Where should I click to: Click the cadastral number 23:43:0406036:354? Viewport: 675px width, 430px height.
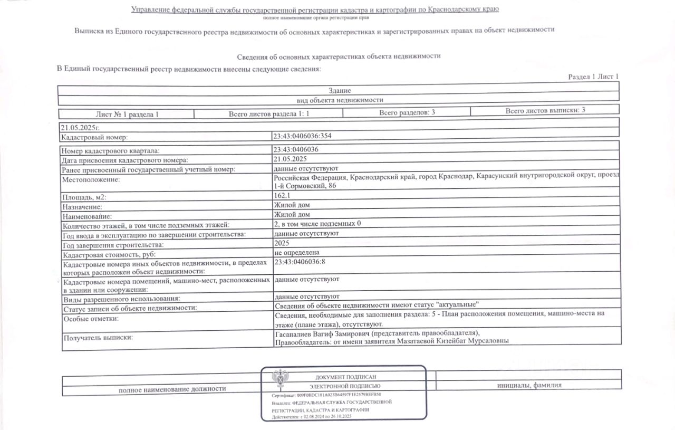pos(303,136)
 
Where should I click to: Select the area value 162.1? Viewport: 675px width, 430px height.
pos(283,196)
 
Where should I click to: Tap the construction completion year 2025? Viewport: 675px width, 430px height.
pos(282,243)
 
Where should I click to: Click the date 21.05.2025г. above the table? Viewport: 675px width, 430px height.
pos(80,127)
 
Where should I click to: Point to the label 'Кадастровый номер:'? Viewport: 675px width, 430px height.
pos(94,138)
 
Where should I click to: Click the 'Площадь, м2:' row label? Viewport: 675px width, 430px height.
pos(87,197)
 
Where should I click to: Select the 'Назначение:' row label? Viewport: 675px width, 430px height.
pos(82,207)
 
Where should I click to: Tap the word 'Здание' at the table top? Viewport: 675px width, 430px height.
pos(339,91)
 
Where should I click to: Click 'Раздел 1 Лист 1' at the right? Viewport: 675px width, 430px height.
pos(593,77)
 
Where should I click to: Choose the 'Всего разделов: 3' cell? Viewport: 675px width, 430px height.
pos(407,112)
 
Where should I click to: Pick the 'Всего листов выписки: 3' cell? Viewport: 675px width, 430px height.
pos(545,110)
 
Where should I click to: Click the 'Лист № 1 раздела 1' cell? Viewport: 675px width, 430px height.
pos(127,114)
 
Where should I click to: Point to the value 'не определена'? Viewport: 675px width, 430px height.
pos(297,253)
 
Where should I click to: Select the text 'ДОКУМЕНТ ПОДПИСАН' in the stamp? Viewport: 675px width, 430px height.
pos(345,377)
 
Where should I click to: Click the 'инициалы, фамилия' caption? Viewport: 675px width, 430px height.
pos(529,385)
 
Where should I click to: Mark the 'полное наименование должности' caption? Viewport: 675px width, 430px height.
pos(172,389)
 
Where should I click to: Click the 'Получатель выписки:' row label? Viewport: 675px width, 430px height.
pos(98,337)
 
